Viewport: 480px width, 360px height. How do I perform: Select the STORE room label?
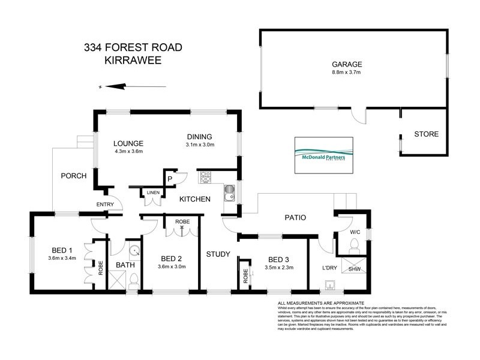coord(426,134)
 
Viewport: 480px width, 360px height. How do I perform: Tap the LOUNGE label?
coord(129,143)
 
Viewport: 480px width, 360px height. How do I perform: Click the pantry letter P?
coord(170,178)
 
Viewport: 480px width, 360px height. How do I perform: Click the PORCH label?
coord(74,176)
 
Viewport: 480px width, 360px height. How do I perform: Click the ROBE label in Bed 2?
coord(182,221)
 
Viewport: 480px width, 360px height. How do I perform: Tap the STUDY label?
coord(218,254)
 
